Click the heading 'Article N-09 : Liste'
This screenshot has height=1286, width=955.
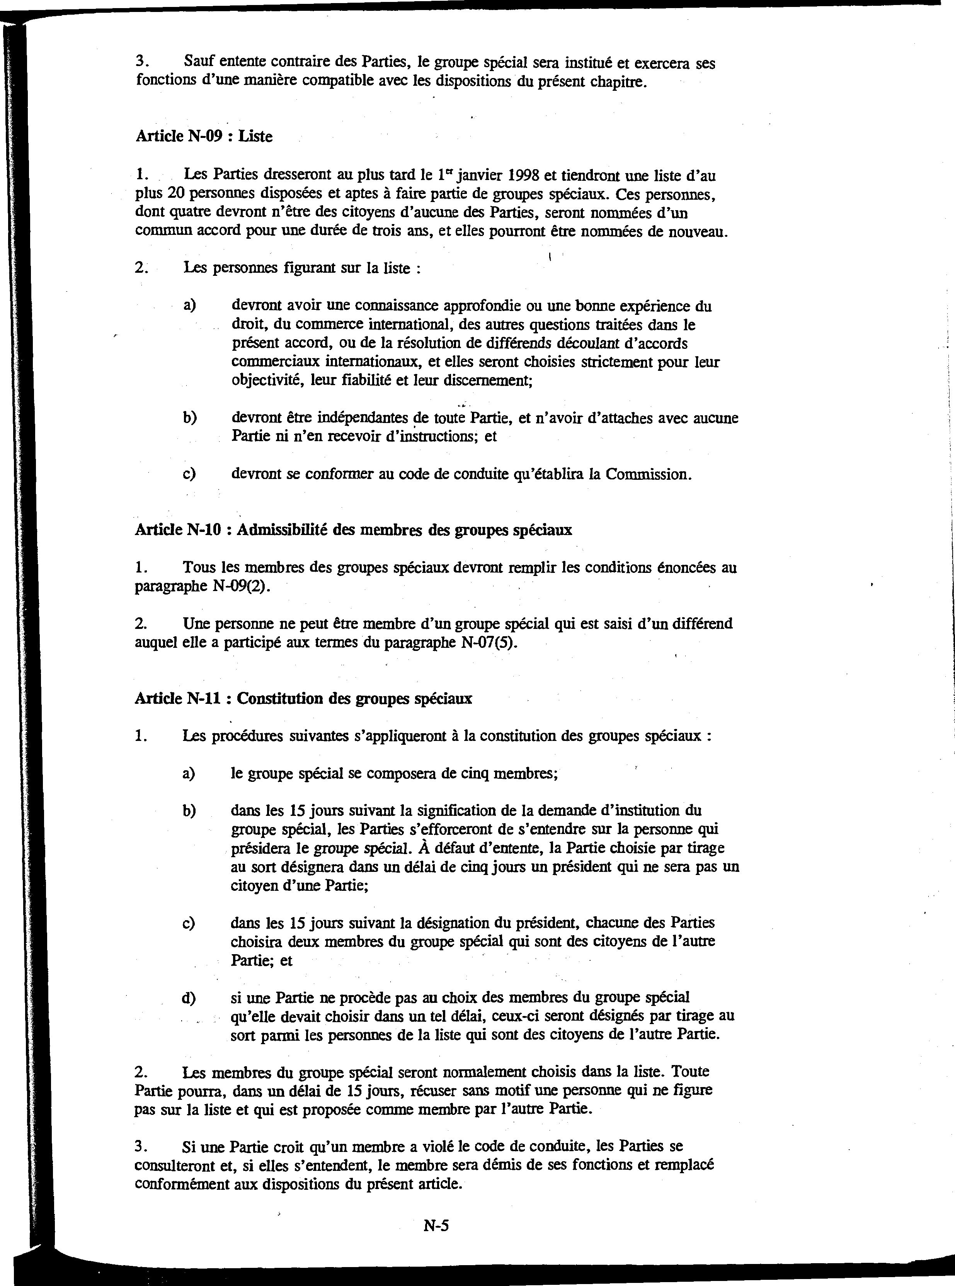click(204, 136)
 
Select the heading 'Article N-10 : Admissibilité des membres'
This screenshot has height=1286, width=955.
click(353, 530)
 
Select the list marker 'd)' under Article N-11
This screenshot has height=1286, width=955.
click(189, 997)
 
